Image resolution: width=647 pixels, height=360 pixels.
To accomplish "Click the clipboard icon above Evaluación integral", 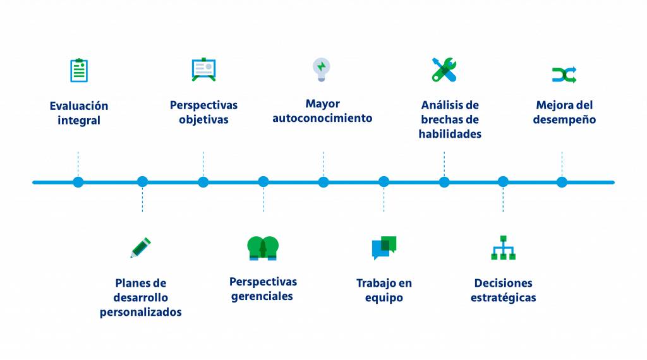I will tap(78, 70).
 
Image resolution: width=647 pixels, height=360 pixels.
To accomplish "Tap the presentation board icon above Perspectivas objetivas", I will tap(203, 69).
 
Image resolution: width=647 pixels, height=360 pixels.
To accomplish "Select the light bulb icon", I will tap(322, 69).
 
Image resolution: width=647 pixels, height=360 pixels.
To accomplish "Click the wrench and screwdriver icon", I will tap(444, 69).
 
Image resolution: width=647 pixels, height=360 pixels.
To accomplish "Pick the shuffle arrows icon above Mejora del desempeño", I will tap(564, 75).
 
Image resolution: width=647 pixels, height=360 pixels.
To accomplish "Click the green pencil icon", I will tap(140, 248).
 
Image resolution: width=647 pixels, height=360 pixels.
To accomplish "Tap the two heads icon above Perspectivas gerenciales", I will tap(263, 248).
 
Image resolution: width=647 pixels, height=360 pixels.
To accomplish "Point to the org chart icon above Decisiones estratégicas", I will tap(503, 248).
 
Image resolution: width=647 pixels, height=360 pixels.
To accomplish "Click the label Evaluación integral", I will tap(79, 113).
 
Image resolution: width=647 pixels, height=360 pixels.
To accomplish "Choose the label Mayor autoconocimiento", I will tap(322, 111).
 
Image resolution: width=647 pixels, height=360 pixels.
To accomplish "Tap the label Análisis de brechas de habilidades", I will tap(450, 119).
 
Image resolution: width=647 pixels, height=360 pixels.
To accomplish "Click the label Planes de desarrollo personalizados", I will tap(141, 297).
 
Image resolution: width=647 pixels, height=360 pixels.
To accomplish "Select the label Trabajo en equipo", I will tap(384, 291).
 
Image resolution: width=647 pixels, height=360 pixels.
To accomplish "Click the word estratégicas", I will tap(503, 298).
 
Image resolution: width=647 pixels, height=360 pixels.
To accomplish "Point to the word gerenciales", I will tap(262, 296).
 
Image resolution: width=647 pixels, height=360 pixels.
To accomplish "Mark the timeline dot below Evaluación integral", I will tap(78, 182).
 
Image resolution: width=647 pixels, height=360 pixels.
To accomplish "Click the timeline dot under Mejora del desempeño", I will tap(562, 182).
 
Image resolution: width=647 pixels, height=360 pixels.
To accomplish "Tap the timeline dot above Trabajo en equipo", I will tap(384, 182).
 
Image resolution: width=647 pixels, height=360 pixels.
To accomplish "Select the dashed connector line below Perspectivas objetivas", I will tap(203, 163).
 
